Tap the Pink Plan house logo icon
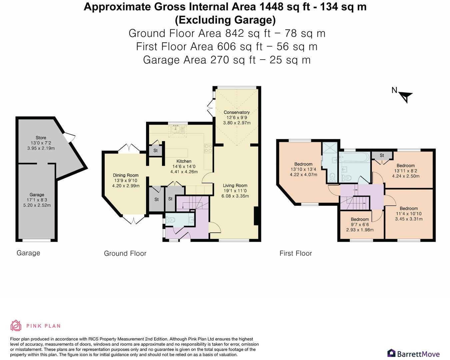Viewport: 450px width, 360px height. click(x=16, y=325)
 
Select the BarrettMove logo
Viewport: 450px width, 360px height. click(x=413, y=353)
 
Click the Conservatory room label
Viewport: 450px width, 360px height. click(x=237, y=112)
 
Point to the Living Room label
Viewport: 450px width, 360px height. click(x=235, y=185)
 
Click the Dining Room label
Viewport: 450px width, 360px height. click(x=126, y=175)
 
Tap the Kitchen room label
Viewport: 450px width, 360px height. click(x=184, y=161)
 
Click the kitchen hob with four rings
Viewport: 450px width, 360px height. click(x=208, y=148)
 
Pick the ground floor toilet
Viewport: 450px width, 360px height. click(x=170, y=220)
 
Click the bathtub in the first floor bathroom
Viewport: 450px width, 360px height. click(x=354, y=157)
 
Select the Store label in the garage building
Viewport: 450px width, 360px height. click(x=41, y=138)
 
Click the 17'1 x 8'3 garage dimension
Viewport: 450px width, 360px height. click(x=37, y=200)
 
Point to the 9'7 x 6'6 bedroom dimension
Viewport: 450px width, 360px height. click(x=360, y=224)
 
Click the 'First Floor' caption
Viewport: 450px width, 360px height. click(x=296, y=253)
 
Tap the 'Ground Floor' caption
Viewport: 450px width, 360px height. click(x=125, y=253)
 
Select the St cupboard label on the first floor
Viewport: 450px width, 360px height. click(x=382, y=156)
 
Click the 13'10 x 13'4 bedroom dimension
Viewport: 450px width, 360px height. click(x=303, y=169)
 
